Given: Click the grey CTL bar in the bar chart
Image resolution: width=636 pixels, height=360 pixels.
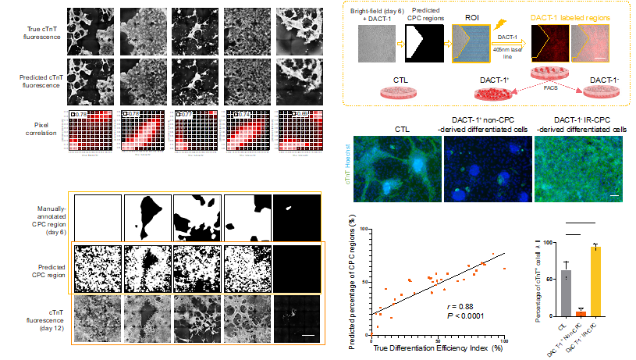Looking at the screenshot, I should pos(565,292).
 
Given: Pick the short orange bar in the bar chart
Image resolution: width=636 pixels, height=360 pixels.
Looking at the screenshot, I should pos(580,312).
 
